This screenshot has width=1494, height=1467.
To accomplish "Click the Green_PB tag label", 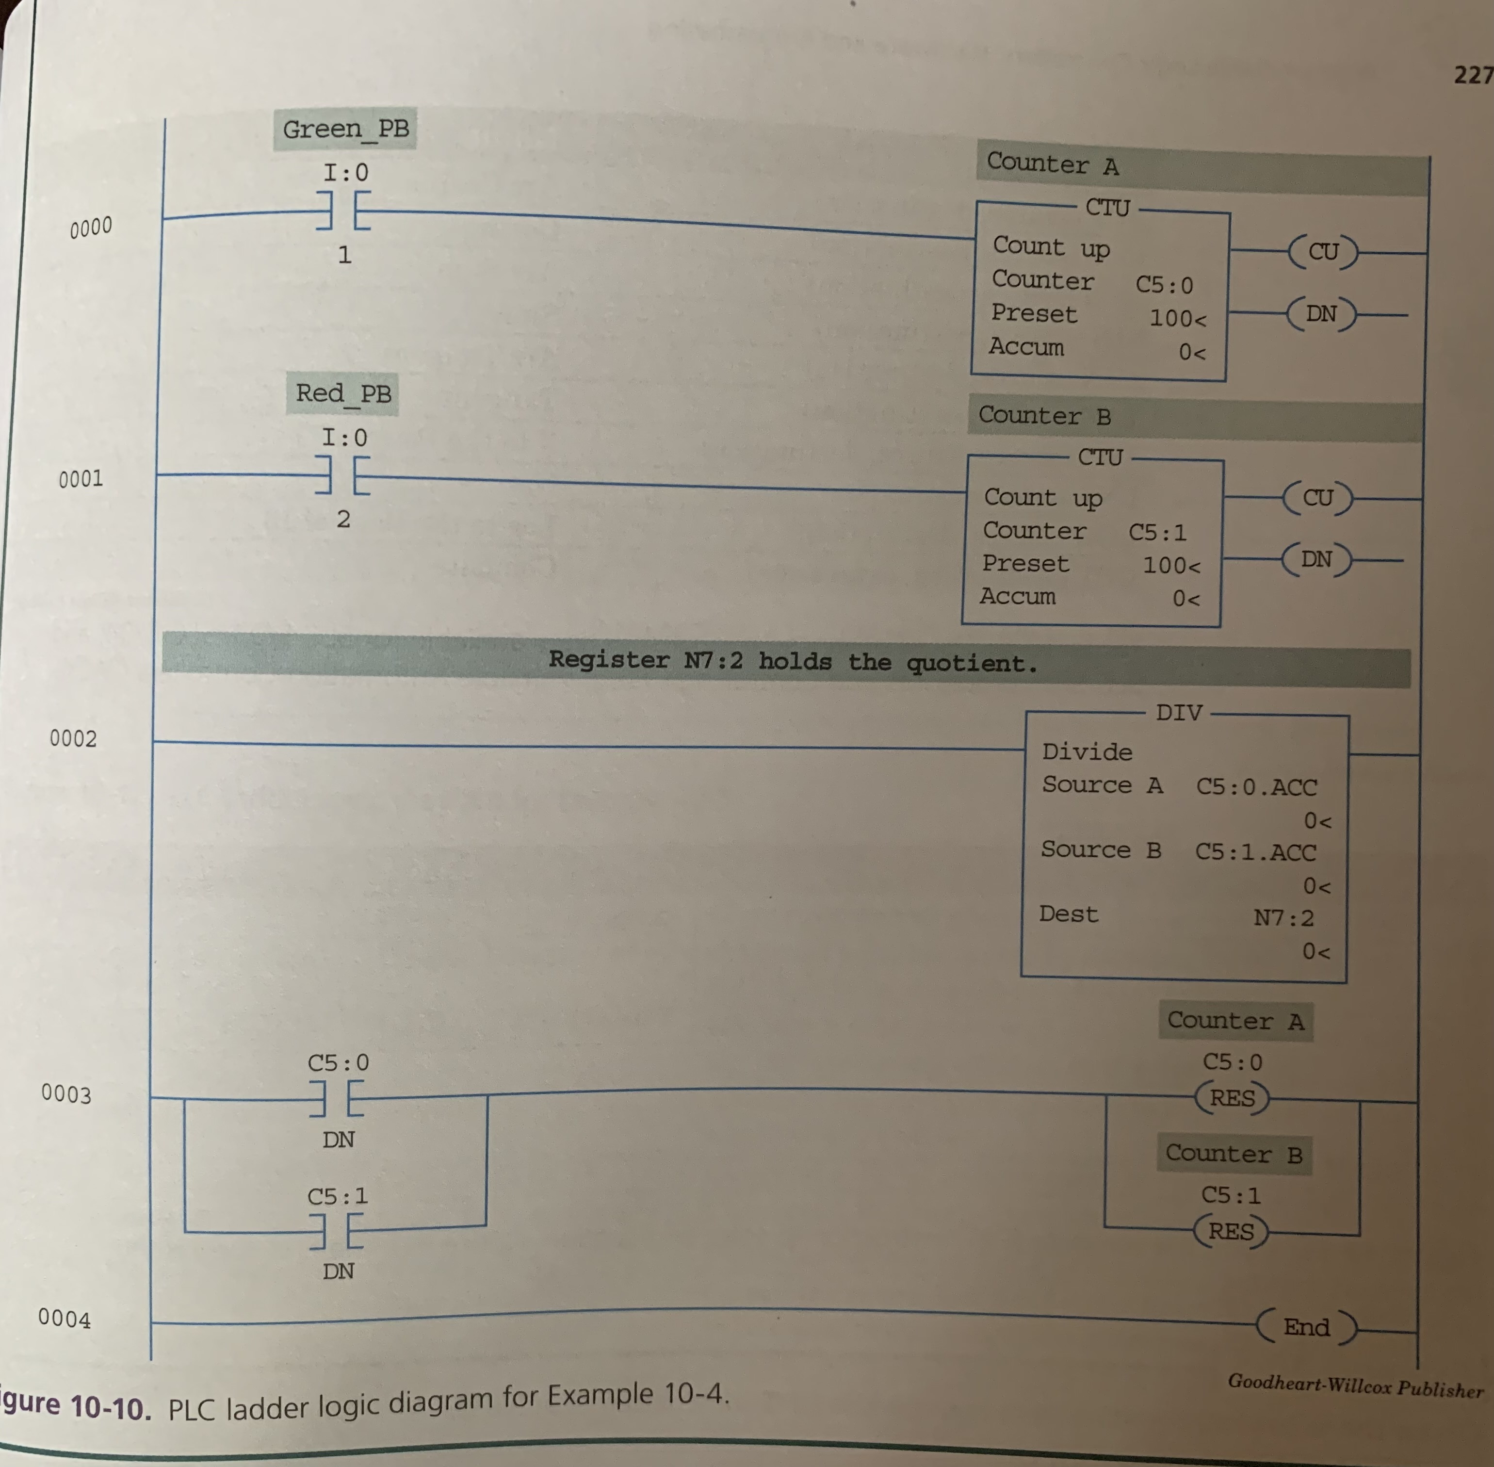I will pos(345,129).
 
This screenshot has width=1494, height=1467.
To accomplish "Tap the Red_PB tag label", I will pos(343,394).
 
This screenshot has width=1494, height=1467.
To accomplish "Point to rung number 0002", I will pos(73,738).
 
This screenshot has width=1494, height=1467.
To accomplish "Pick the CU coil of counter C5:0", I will pos(1323,251).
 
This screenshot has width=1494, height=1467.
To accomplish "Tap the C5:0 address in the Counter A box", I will pos(1164,285).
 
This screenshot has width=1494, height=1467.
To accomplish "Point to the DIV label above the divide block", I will pos(1178,713).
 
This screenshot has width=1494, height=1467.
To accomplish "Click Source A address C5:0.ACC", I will pos(1256,787).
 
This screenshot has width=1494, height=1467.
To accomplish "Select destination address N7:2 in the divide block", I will pos(1283,918).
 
